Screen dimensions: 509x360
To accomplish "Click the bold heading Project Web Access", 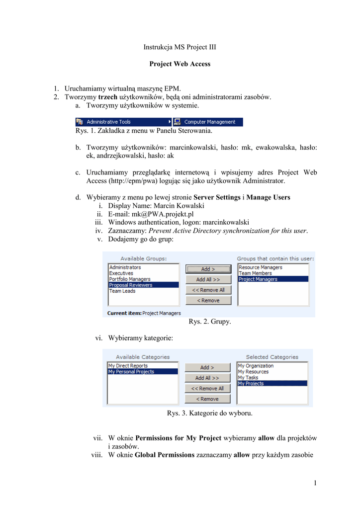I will pyautogui.click(x=180, y=64).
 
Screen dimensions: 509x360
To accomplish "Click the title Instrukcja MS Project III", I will pyautogui.click(x=180, y=47).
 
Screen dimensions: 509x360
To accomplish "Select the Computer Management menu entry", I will pyautogui.click(x=209, y=122).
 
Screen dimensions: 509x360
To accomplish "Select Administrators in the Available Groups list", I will pyautogui.click(x=125, y=267).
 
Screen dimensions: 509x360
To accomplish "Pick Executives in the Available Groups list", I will pyautogui.click(x=121, y=273).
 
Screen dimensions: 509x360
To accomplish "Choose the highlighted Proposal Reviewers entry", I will pyautogui.click(x=131, y=285).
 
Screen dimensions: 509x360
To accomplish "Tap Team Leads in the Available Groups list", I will pyautogui.click(x=122, y=291).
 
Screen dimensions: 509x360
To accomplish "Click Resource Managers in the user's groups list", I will pyautogui.click(x=260, y=267).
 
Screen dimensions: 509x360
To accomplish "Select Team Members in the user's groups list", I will pyautogui.click(x=255, y=273).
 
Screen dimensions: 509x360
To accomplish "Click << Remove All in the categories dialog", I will pyautogui.click(x=208, y=389).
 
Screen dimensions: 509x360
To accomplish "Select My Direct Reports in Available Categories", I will pyautogui.click(x=128, y=366).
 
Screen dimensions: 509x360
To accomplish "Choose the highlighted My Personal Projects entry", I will pyautogui.click(x=131, y=372).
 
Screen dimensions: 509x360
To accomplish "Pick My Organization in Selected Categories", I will pyautogui.click(x=256, y=366).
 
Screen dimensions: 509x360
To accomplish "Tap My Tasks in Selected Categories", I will pyautogui.click(x=248, y=378).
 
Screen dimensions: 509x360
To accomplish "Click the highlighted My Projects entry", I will pyautogui.click(x=251, y=384).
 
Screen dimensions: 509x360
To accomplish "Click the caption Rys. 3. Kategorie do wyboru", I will pyautogui.click(x=209, y=413).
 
